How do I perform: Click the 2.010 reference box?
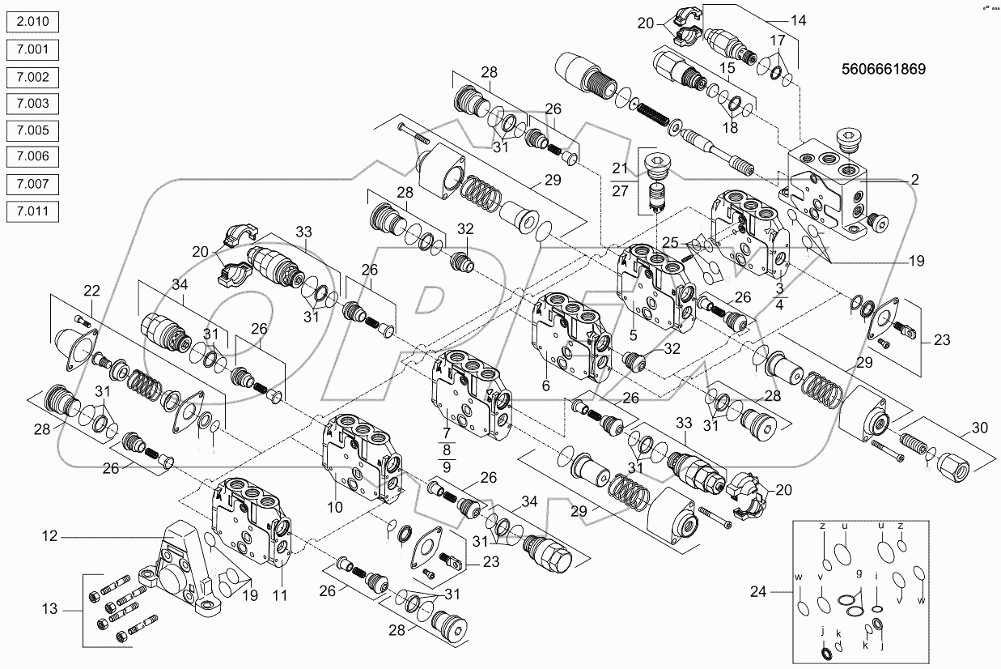click(32, 23)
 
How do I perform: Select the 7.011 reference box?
click(32, 211)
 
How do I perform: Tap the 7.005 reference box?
click(32, 130)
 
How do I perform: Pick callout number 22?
click(92, 291)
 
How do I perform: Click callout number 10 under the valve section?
click(335, 507)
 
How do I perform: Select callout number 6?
click(545, 387)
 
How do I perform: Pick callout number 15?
click(728, 68)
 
